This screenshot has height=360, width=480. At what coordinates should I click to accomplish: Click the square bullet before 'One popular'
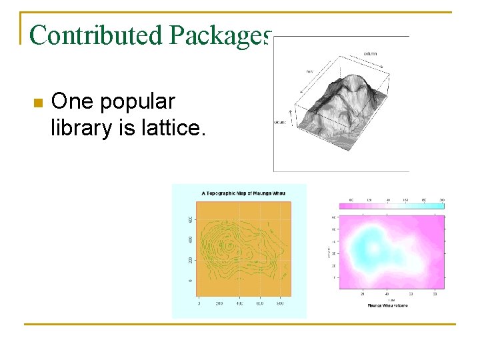click(37, 103)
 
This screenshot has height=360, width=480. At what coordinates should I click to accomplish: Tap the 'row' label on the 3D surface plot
click(309, 71)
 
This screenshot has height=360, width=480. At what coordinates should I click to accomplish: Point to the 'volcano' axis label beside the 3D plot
click(280, 122)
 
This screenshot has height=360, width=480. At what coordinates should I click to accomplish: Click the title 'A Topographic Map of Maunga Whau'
click(239, 193)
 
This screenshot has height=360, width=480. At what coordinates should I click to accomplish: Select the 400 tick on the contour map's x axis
click(239, 304)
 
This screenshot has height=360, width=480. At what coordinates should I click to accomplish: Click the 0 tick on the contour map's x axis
click(199, 304)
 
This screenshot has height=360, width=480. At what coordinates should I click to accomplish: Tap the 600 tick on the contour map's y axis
click(190, 219)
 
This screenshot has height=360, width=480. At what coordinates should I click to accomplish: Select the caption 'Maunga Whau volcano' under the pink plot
click(387, 305)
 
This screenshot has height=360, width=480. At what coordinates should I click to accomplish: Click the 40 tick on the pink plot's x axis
click(386, 293)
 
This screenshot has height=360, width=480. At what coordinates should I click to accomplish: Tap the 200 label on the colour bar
click(441, 200)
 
